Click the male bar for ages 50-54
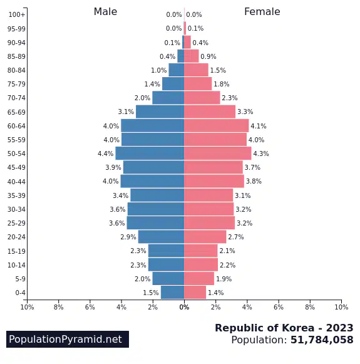[150, 153]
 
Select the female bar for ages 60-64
[217, 125]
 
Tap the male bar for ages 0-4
[173, 293]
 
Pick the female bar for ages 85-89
[192, 56]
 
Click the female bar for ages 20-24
[205, 237]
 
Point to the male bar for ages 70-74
[168, 98]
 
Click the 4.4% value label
[106, 153]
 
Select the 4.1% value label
[259, 126]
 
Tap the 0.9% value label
[208, 56]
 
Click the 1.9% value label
[224, 279]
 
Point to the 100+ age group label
[17, 14]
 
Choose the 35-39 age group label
[16, 195]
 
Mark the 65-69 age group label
[16, 112]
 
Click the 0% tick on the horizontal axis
[184, 307]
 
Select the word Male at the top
[105, 12]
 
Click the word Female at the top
[262, 12]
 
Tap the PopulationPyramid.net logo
[68, 339]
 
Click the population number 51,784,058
[322, 340]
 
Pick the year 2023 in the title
[339, 328]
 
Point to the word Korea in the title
[298, 328]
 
